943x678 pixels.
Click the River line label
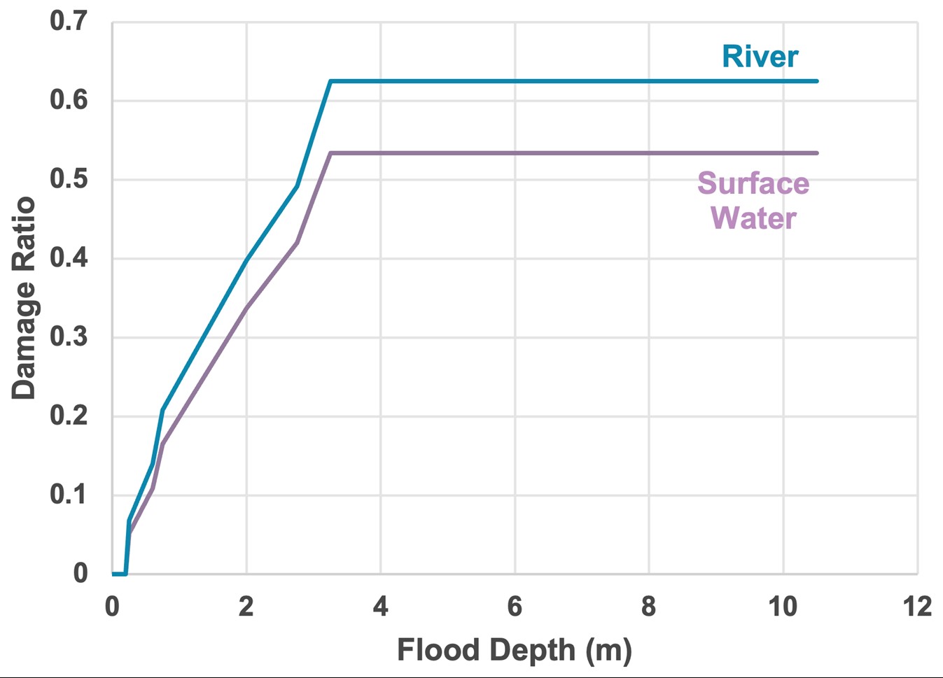[x=760, y=57]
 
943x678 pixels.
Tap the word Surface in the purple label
[x=753, y=183]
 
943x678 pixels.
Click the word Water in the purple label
[x=753, y=218]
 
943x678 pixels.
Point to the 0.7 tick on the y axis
[x=69, y=21]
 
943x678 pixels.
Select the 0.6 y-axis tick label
[x=69, y=100]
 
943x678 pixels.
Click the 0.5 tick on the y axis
[x=69, y=179]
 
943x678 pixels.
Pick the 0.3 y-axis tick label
[x=69, y=337]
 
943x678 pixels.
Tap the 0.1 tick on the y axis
[x=69, y=495]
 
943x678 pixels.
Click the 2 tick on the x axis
[x=246, y=606]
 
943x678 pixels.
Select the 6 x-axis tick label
[x=515, y=606]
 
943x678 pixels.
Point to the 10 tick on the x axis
[x=783, y=606]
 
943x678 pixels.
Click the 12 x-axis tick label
[x=917, y=606]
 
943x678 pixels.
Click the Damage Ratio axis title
[x=23, y=298]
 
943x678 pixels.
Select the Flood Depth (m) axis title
[x=515, y=650]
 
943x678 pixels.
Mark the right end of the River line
[x=816, y=81]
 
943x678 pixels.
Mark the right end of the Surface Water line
[x=816, y=153]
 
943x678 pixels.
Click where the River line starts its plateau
[x=330, y=81]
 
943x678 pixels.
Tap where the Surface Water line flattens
[x=330, y=153]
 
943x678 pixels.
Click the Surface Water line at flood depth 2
[x=246, y=307]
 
